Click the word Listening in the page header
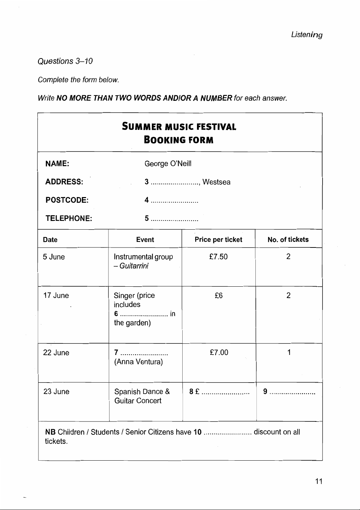tap(306, 35)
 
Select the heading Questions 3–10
tap(65, 61)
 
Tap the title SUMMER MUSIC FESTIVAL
tap(179, 127)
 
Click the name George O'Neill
tap(168, 164)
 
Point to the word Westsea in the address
tap(216, 182)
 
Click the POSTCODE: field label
tap(67, 200)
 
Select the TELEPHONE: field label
tap(69, 218)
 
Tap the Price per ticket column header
tap(218, 240)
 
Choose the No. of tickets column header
tap(288, 240)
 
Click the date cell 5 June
tap(54, 257)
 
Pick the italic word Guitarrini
tap(134, 266)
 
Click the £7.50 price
tap(218, 257)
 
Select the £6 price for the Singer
tap(219, 296)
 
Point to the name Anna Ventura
tap(139, 362)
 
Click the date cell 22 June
tap(56, 353)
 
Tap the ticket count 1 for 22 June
tap(289, 353)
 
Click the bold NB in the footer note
tap(50, 432)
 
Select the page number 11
tap(318, 481)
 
